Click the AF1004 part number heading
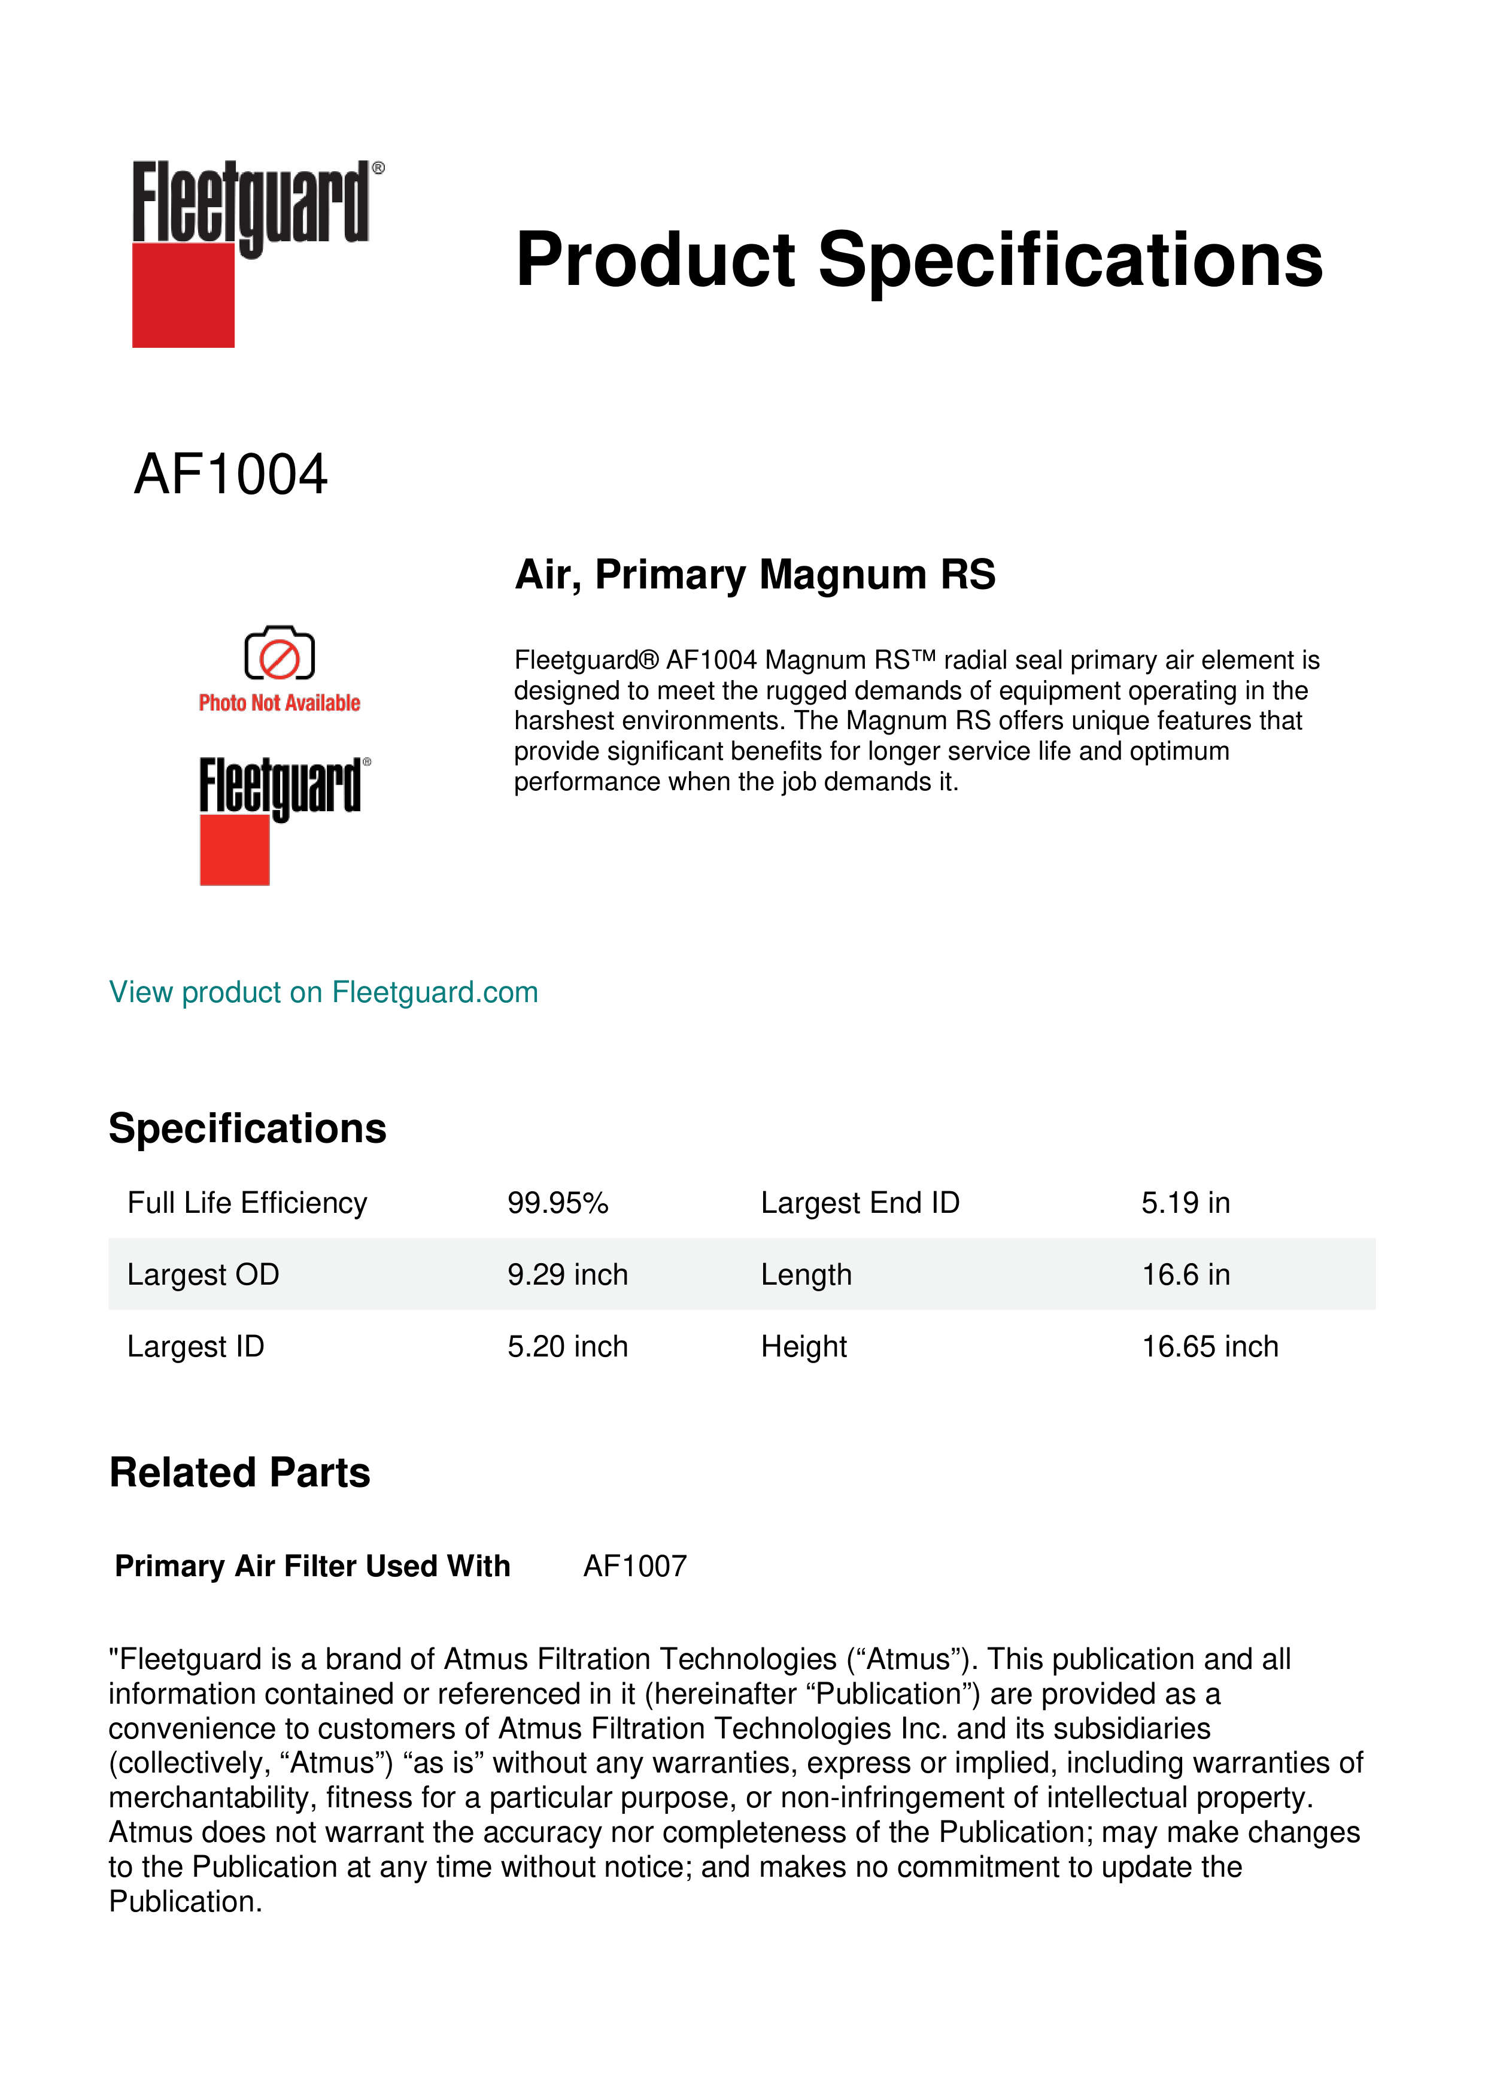(230, 475)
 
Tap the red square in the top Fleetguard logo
(183, 296)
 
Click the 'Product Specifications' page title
(919, 260)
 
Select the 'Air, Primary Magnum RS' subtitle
(755, 575)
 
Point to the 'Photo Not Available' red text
(280, 703)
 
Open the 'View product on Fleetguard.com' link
(324, 993)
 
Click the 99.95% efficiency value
(558, 1203)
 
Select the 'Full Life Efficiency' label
(247, 1203)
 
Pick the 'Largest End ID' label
(860, 1203)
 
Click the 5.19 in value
(1185, 1203)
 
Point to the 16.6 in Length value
(1185, 1275)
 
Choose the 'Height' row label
(804, 1348)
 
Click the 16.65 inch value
(1210, 1348)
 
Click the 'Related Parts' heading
(239, 1473)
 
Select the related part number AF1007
(634, 1567)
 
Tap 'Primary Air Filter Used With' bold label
(312, 1567)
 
